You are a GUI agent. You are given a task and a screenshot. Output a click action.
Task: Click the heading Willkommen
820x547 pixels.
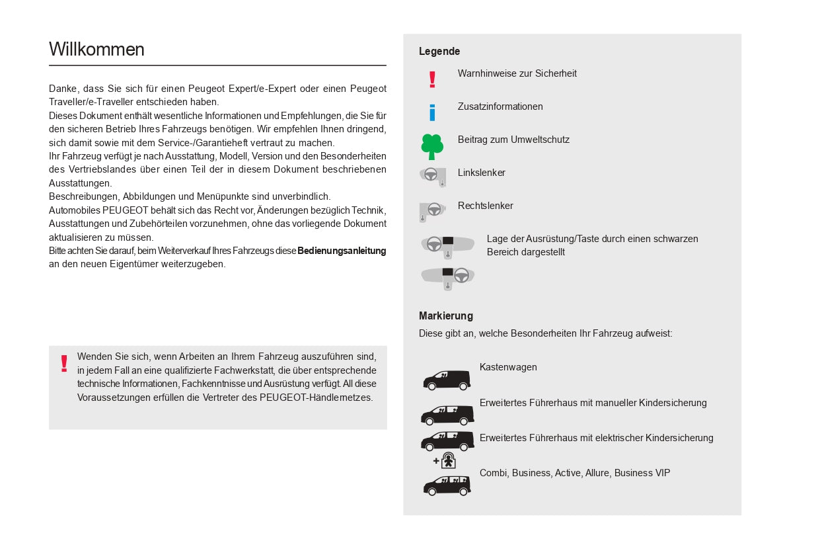[x=96, y=50]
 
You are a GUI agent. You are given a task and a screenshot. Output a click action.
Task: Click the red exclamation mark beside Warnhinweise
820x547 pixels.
[x=432, y=79]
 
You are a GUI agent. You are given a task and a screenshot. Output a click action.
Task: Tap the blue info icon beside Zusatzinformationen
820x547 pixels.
[x=432, y=112]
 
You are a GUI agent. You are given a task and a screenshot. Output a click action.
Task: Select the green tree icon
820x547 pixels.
[x=432, y=146]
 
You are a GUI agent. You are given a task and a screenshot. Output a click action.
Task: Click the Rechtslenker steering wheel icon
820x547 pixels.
[x=433, y=210]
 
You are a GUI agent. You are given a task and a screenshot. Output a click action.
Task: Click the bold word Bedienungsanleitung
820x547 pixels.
[x=342, y=251]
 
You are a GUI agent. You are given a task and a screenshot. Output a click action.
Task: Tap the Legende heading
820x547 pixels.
[x=439, y=52]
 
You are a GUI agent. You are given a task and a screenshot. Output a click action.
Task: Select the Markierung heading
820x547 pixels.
[x=446, y=316]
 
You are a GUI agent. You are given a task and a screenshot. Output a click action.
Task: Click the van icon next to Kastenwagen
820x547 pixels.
[x=447, y=380]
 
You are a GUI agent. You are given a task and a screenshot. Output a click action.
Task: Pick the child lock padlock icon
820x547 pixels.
[x=448, y=460]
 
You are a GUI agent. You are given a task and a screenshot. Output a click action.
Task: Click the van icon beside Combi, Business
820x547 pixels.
[x=447, y=485]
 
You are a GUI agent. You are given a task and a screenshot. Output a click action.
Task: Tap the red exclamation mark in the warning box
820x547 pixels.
[x=64, y=363]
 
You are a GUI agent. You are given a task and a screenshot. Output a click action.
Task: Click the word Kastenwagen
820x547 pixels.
[x=508, y=367]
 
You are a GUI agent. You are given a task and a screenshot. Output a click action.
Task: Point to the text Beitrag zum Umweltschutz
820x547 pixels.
[x=513, y=140]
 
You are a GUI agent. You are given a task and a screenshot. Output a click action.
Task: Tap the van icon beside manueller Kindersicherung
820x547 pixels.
[x=447, y=415]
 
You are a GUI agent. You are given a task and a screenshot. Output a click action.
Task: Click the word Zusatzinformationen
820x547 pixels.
[x=500, y=106]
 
